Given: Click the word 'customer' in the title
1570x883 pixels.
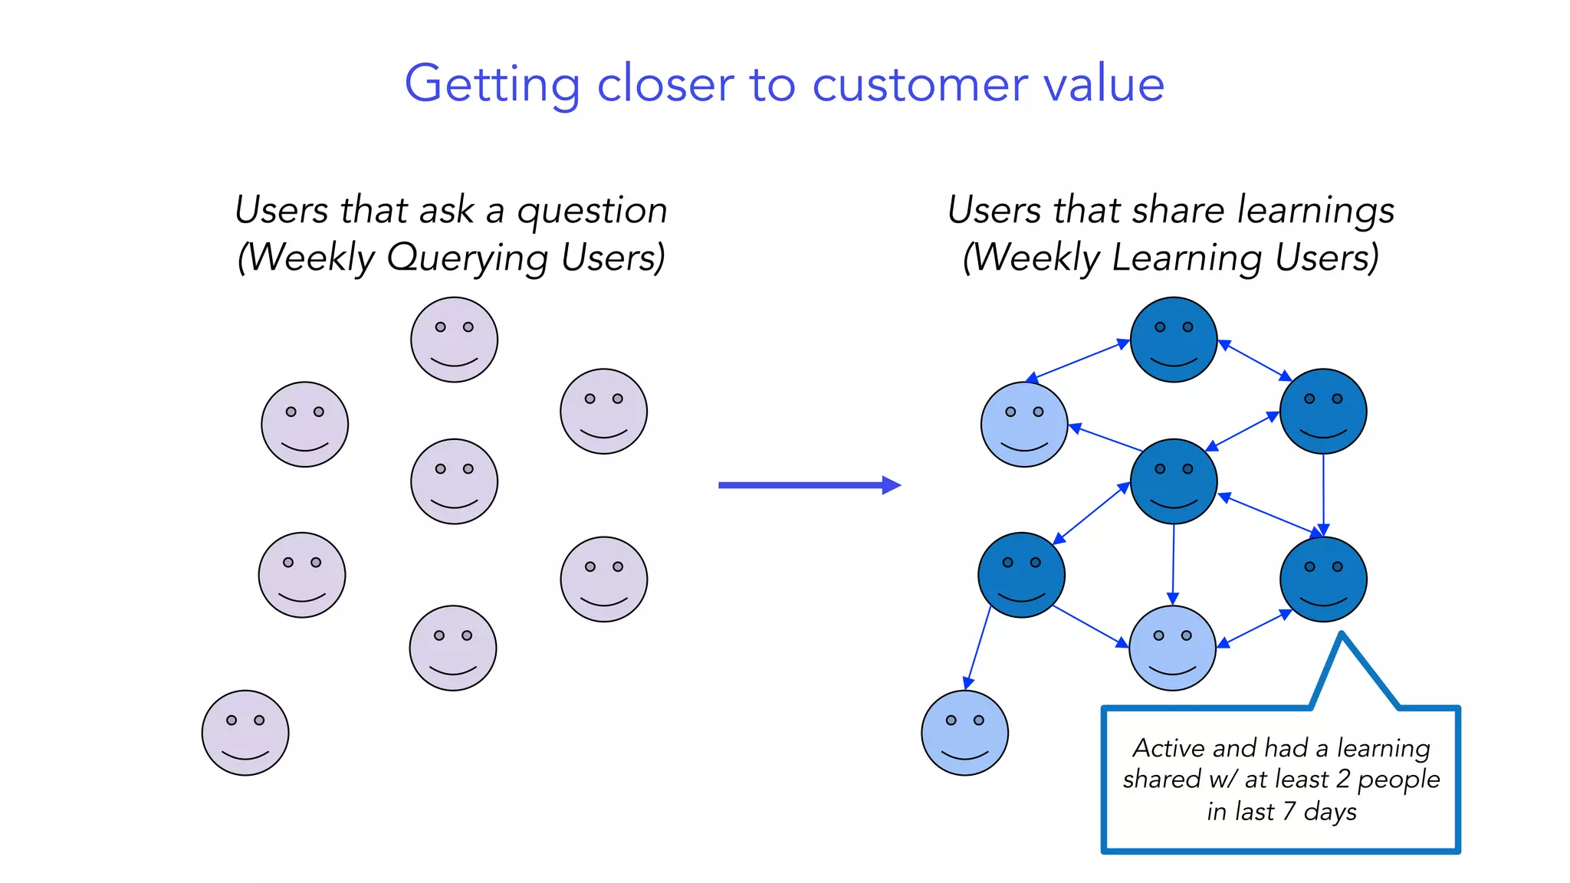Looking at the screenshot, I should pos(920,84).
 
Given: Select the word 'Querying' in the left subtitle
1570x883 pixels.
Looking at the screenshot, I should pos(468,258).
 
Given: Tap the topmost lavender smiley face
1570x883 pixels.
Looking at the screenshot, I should pos(454,340).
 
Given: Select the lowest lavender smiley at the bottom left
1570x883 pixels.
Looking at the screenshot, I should pos(245,733).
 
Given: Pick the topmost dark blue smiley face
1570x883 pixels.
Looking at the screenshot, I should pos(1174,340).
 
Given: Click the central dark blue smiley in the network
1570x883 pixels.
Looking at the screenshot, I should pos(1174,481).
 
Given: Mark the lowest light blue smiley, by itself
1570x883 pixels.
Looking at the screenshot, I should pos(964,733).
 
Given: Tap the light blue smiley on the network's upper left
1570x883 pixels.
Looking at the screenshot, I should pos(1024,424).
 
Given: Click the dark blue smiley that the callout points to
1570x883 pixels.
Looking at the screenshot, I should pos(1323,579).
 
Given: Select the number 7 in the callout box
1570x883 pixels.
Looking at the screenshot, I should pos(1289,811).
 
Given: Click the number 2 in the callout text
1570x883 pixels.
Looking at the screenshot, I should pos(1342,779).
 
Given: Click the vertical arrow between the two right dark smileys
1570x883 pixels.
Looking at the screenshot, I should pos(1323,494).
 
